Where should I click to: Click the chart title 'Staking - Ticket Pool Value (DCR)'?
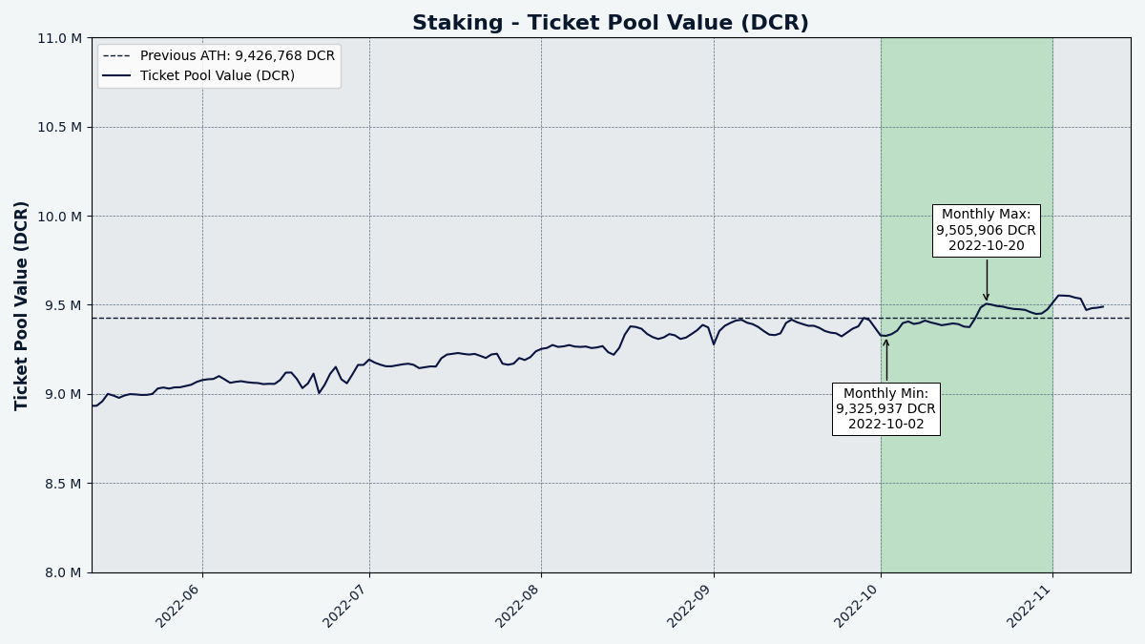tap(611, 23)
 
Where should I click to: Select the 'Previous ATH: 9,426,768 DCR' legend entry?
tap(219, 55)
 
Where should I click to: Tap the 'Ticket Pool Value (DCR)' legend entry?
tap(198, 75)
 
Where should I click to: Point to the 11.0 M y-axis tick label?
tap(59, 38)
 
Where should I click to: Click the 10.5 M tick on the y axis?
tap(59, 127)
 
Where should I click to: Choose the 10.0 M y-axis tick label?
tap(59, 217)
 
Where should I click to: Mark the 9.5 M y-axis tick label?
tap(63, 305)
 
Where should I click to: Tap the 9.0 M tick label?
tap(63, 394)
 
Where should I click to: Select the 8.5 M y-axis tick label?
tap(63, 483)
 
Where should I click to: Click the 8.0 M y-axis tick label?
tap(63, 572)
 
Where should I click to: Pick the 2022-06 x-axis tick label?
tap(177, 605)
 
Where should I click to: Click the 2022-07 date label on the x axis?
tap(344, 605)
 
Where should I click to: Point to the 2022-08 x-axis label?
tap(517, 605)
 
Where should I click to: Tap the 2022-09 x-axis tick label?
tap(689, 605)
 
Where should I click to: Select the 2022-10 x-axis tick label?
tap(856, 605)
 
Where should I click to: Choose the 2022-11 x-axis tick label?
tap(1028, 605)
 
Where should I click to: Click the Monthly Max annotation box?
tap(986, 231)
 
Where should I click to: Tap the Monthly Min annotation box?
tap(885, 409)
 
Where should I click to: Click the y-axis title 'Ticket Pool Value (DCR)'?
tap(21, 305)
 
